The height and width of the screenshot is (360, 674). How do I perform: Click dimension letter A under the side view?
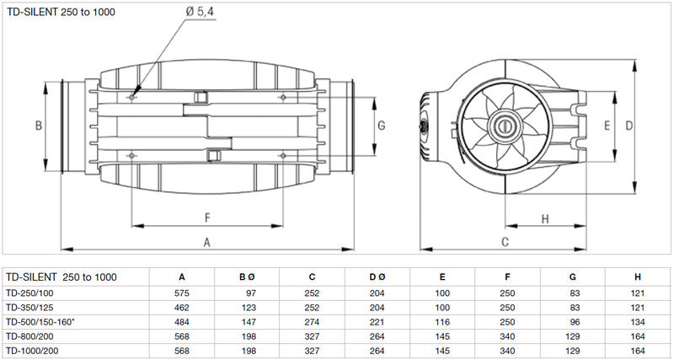[x=208, y=242]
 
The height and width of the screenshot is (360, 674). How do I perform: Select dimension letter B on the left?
[x=39, y=126]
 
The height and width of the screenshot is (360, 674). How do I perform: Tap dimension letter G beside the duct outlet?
[x=382, y=126]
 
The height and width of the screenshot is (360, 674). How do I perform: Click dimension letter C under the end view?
[x=505, y=242]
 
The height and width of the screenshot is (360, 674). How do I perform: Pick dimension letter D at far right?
[x=629, y=126]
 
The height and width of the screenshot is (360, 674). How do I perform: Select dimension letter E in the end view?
[x=607, y=126]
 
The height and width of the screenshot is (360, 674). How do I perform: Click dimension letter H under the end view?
[x=544, y=218]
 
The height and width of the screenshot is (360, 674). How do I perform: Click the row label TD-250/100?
[x=29, y=291]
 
